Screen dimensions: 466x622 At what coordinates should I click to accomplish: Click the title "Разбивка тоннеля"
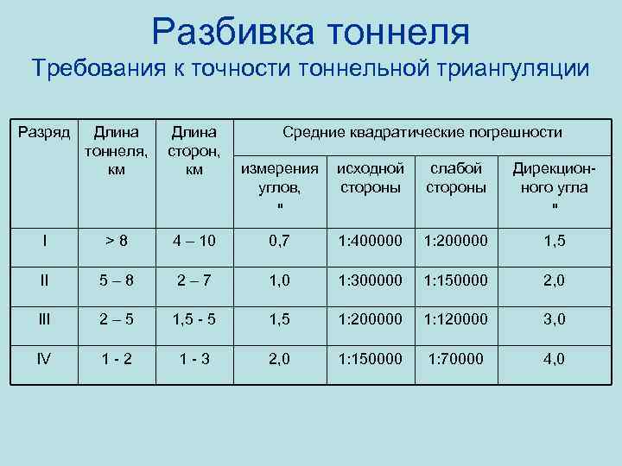311,32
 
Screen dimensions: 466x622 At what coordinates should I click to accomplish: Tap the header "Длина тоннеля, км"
117,151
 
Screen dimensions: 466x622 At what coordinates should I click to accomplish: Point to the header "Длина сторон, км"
194,151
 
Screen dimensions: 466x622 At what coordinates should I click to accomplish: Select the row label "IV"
44,358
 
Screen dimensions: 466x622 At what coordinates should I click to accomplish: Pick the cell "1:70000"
456,358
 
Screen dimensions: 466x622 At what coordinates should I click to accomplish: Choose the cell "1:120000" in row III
456,318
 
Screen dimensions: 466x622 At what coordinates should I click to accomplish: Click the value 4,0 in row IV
554,358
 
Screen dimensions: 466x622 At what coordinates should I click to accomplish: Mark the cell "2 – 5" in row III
117,318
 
